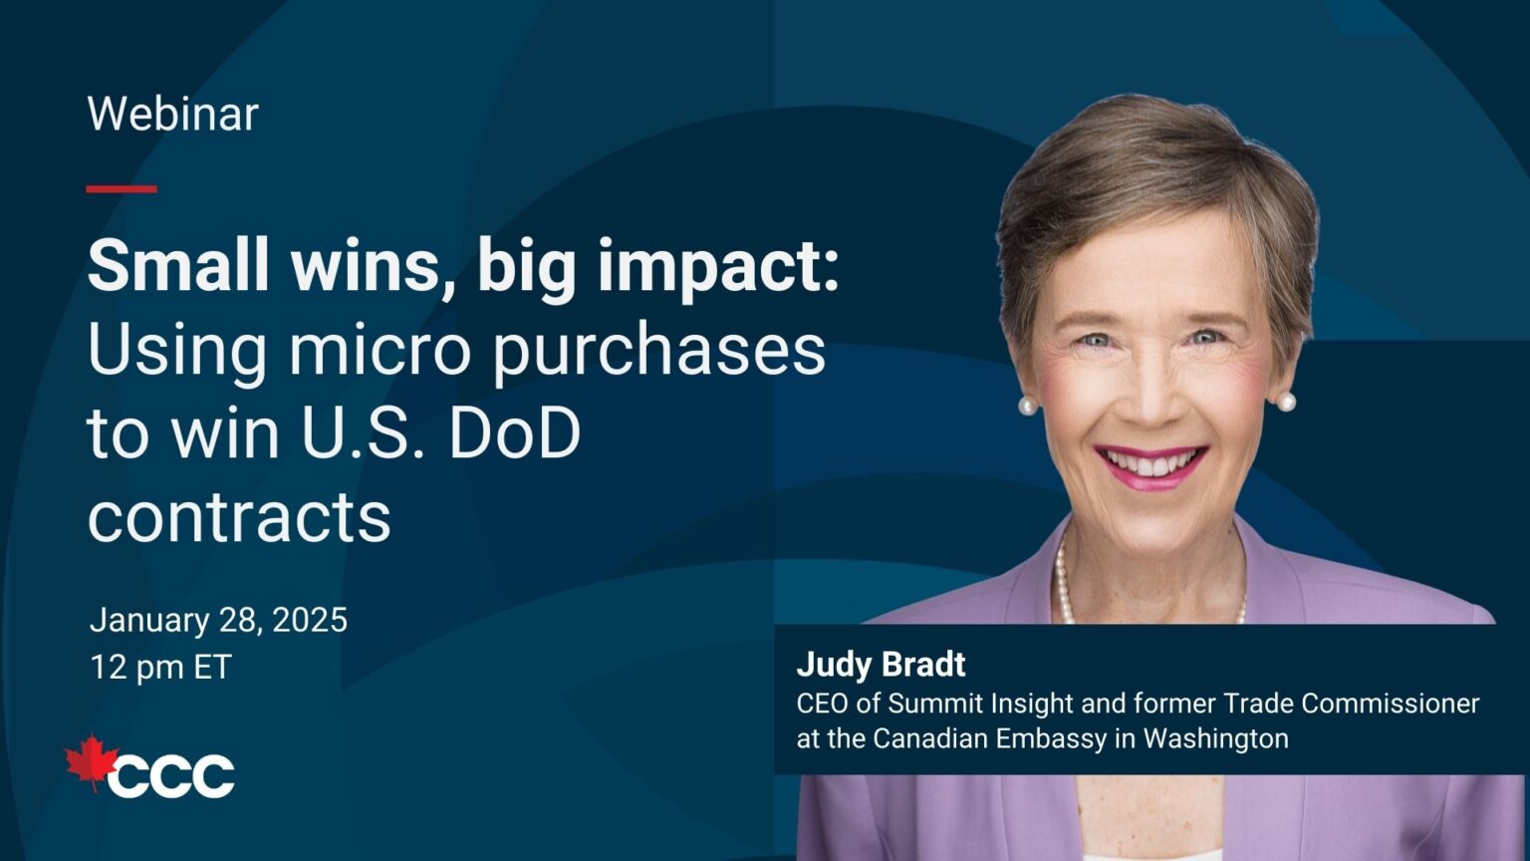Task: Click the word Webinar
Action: point(172,115)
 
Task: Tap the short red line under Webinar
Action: point(122,189)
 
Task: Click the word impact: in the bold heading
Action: point(718,269)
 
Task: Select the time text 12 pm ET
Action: point(161,667)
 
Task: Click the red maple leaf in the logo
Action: point(90,763)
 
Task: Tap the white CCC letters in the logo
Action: point(170,775)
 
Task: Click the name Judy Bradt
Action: point(882,665)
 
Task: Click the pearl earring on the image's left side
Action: point(1027,406)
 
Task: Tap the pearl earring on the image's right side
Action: point(1286,402)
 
